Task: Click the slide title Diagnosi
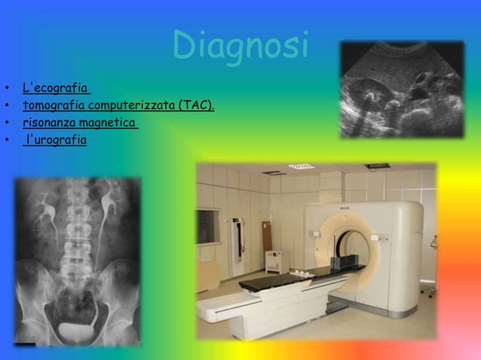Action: [240, 46]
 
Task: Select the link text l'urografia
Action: [57, 139]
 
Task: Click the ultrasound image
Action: [400, 88]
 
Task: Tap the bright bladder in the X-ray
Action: [78, 328]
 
